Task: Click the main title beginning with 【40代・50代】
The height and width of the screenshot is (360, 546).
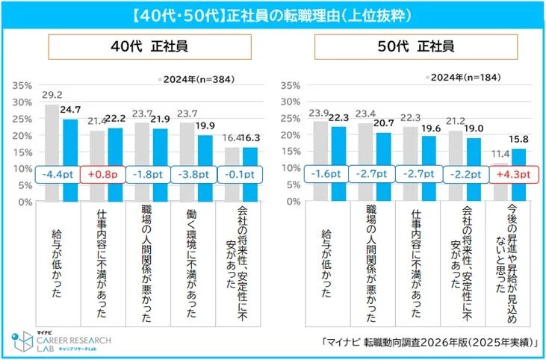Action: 273,14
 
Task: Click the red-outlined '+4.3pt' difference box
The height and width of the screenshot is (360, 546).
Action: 514,174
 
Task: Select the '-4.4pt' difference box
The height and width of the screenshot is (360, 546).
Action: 60,174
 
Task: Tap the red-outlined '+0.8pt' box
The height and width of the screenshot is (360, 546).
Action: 102,174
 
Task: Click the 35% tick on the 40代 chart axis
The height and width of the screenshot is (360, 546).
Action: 21,85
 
